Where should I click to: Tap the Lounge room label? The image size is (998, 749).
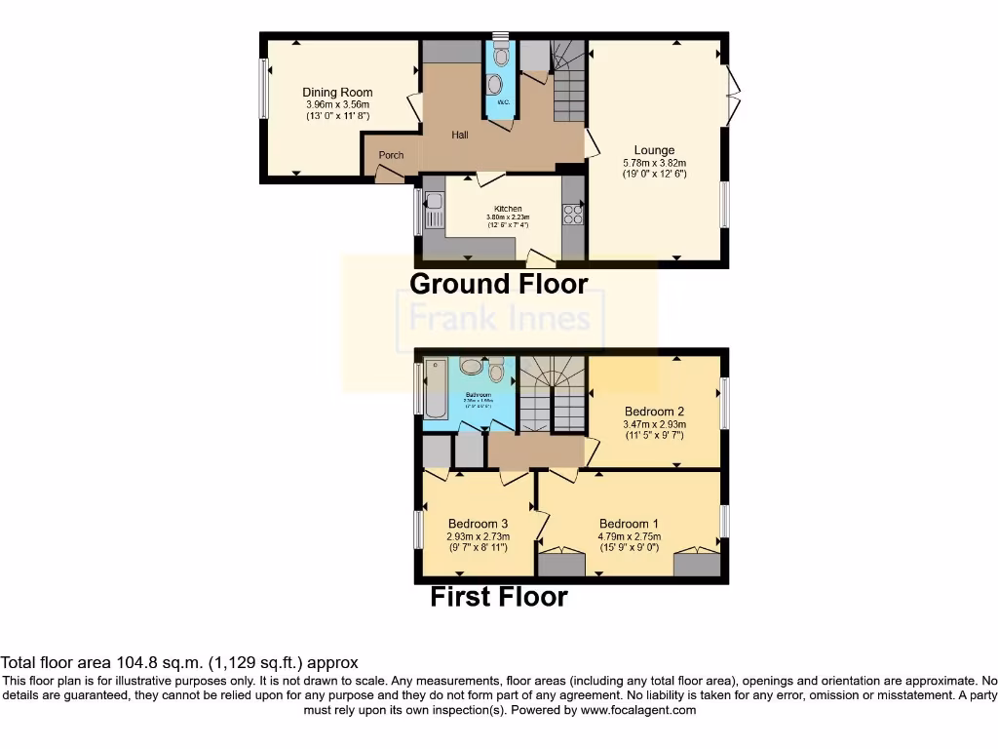click(654, 150)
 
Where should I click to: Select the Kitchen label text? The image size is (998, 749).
click(508, 209)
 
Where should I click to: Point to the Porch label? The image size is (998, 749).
click(391, 155)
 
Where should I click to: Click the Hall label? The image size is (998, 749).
click(459, 135)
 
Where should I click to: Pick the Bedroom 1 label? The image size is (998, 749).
click(629, 523)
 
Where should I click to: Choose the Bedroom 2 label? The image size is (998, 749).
click(654, 412)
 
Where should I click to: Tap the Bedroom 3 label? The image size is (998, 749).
click(478, 524)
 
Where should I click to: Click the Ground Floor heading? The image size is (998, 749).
click(498, 284)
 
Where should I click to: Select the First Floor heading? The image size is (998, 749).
click(498, 596)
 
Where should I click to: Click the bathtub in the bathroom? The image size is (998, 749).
click(435, 388)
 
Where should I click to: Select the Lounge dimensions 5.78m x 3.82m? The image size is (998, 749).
click(654, 163)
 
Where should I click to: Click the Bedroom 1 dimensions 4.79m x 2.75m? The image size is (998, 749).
click(629, 536)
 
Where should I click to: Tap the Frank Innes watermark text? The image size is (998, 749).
click(499, 319)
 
